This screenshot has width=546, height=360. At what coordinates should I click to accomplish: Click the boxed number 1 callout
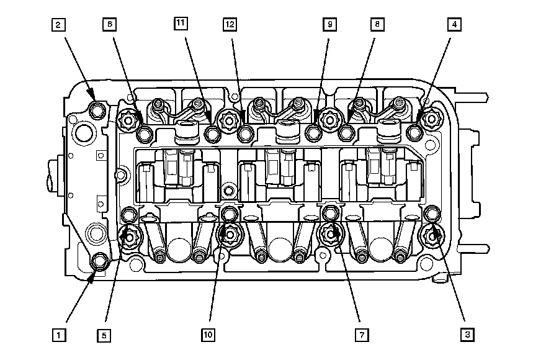[x=58, y=335]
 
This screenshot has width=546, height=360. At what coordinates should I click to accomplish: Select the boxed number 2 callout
[x=58, y=25]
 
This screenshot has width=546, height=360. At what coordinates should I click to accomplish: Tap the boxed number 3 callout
[x=467, y=335]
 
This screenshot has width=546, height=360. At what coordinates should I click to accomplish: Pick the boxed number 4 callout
[x=454, y=24]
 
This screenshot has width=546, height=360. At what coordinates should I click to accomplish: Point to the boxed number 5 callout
[x=104, y=336]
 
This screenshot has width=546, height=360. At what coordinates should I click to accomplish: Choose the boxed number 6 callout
[x=109, y=24]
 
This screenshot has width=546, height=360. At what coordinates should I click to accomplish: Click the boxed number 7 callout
[x=362, y=335]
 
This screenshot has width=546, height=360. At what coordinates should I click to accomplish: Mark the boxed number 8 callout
[x=377, y=24]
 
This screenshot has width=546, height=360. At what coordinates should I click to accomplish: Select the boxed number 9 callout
[x=329, y=24]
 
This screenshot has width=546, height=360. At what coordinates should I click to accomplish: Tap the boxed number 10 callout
[x=208, y=335]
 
